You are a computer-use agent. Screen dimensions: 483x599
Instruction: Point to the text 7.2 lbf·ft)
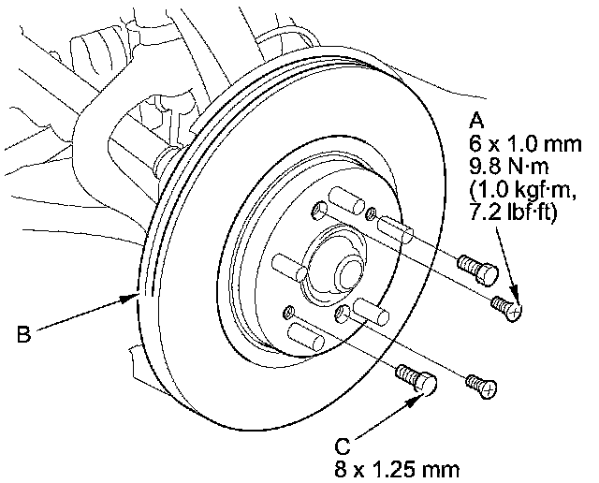pos(519,213)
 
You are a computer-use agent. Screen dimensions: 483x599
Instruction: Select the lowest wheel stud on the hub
pos(301,331)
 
